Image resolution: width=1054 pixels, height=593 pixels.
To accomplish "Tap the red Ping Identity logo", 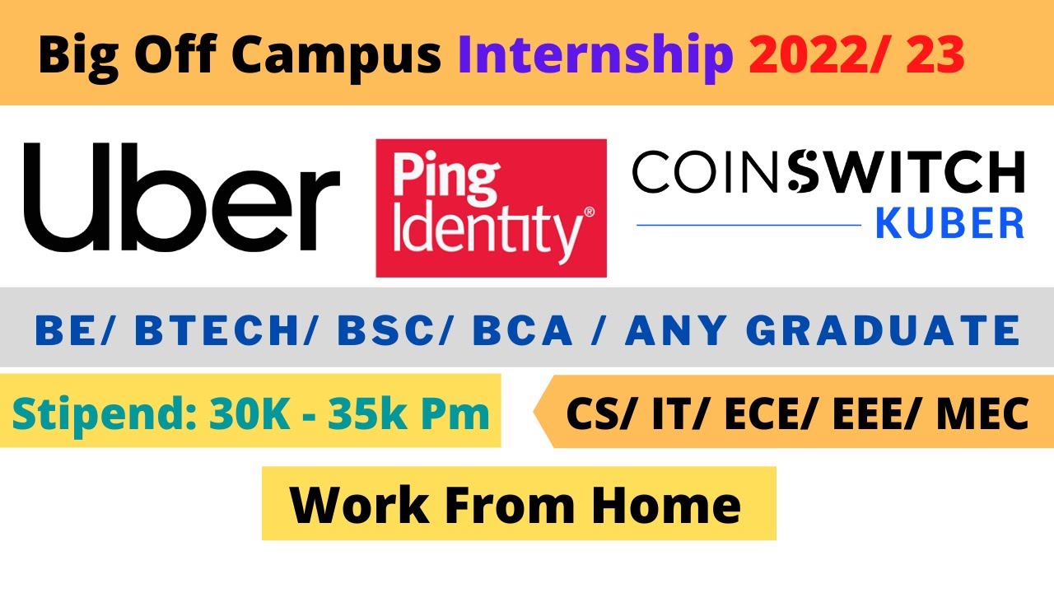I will [x=491, y=208].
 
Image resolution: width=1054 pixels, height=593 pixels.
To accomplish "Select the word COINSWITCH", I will [x=828, y=174].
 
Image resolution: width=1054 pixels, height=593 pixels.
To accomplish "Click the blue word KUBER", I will [x=949, y=222].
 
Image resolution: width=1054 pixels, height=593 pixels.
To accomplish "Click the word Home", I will [x=665, y=504].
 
